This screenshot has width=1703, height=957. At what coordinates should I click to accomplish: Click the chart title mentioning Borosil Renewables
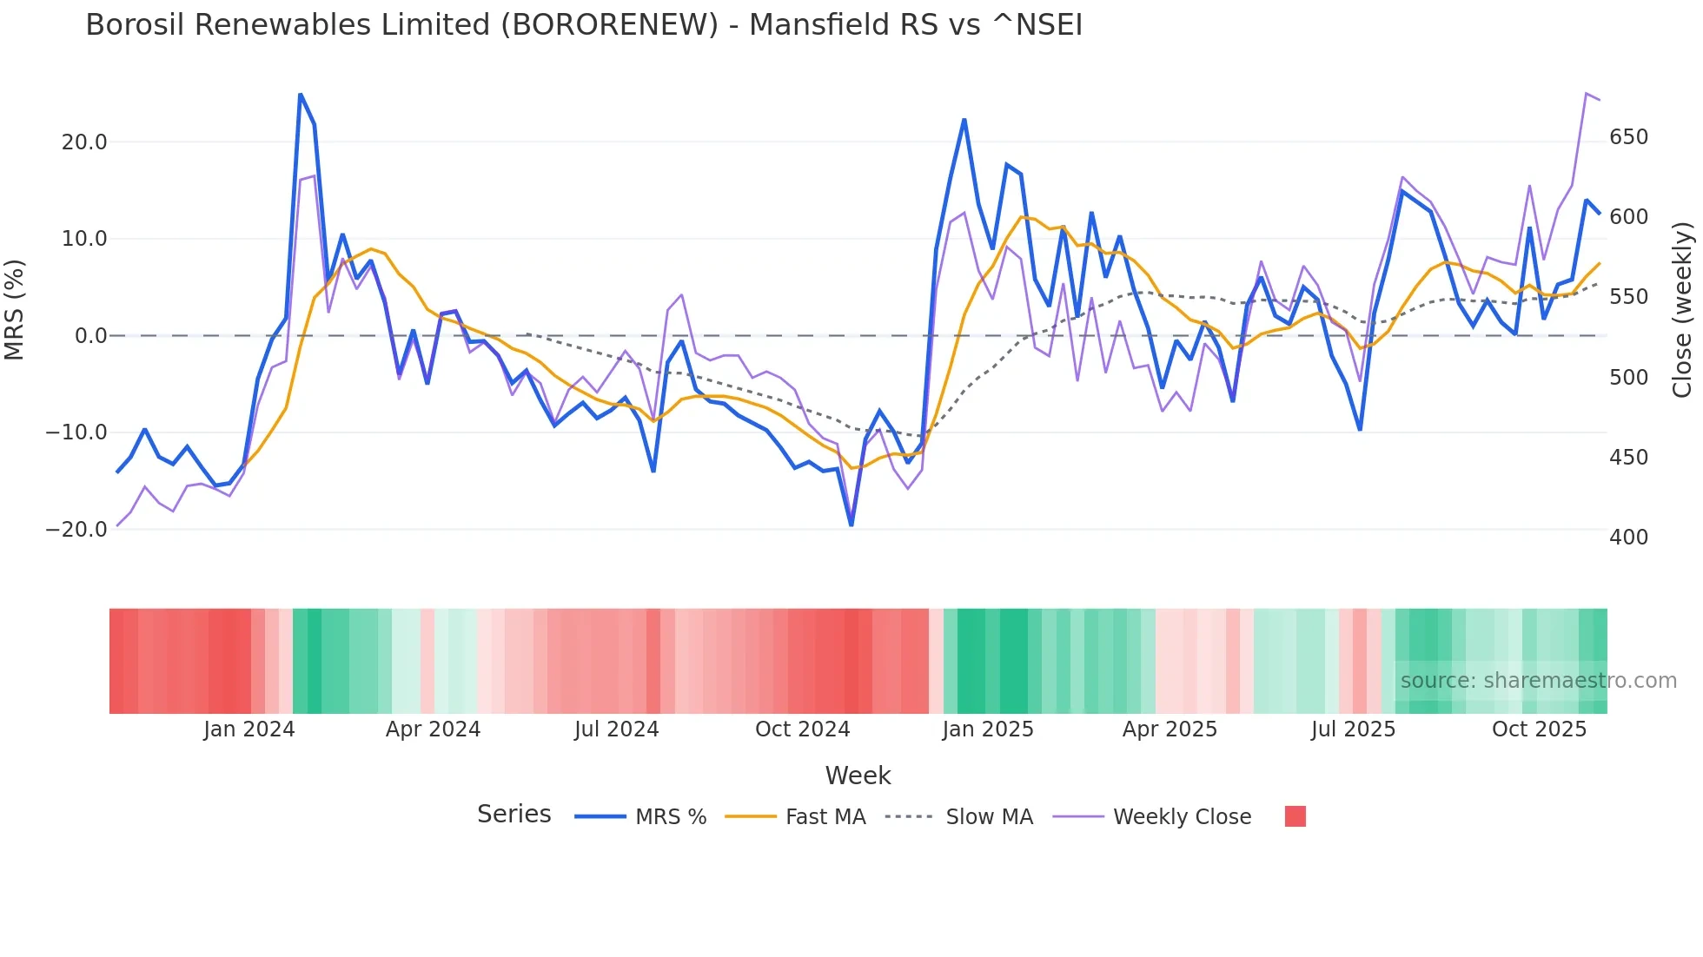[x=584, y=25]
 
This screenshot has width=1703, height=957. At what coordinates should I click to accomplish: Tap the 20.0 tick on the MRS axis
[x=84, y=142]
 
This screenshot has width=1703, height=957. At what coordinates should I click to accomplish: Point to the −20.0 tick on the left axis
[x=76, y=530]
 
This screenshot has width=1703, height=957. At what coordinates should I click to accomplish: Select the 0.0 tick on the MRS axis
[x=90, y=336]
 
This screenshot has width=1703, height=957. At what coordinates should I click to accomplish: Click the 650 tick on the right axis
[x=1628, y=137]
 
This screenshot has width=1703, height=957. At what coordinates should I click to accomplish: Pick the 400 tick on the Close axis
[x=1628, y=538]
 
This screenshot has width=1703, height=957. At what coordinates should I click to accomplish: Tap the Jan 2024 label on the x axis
[x=249, y=729]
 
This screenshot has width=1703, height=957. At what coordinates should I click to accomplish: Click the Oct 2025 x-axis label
[x=1539, y=729]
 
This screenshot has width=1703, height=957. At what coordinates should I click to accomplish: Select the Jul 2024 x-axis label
[x=617, y=729]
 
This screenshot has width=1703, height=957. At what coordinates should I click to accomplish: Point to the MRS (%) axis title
[x=15, y=309]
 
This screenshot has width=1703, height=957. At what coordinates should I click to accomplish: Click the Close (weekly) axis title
[x=1682, y=310]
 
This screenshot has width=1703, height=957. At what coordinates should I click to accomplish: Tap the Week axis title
[x=858, y=775]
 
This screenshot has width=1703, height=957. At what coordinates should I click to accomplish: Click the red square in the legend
[x=1295, y=816]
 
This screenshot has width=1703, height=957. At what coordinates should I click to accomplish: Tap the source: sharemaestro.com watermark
[x=1538, y=681]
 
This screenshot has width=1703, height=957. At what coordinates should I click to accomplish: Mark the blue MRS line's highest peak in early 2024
[x=301, y=94]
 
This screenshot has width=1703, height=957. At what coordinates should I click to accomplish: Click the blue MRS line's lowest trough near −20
[x=851, y=525]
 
